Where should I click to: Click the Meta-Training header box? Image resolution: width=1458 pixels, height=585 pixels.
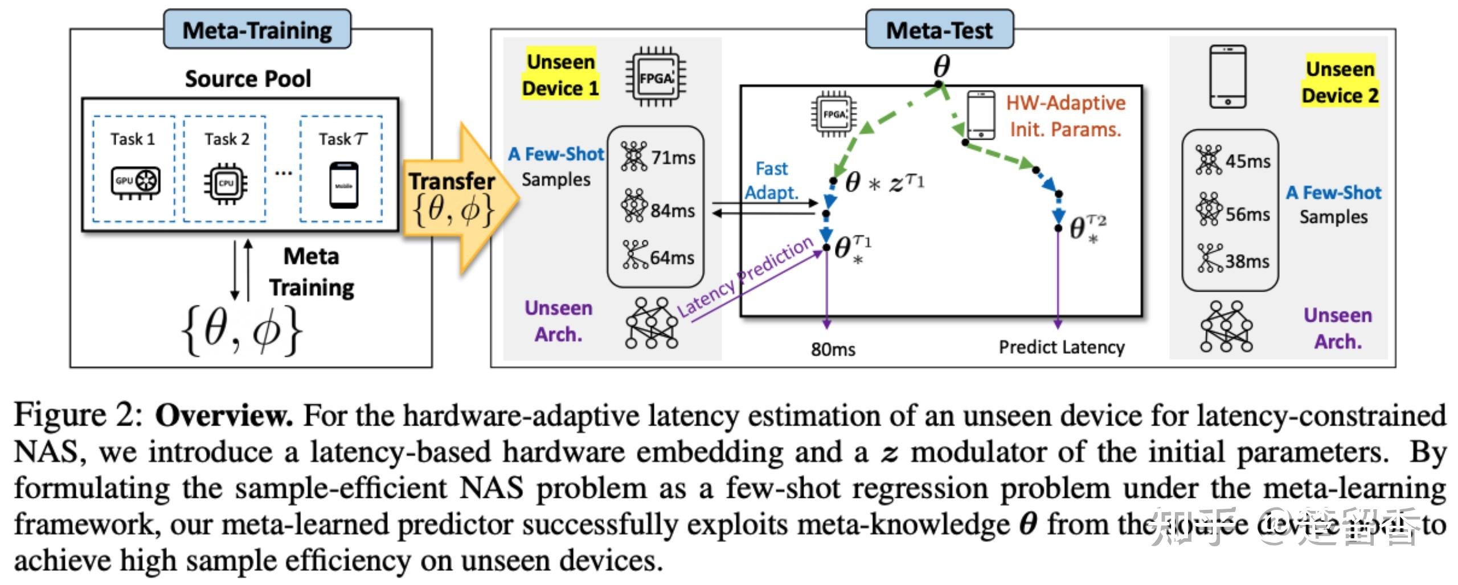[257, 30]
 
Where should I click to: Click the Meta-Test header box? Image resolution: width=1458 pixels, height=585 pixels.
[939, 30]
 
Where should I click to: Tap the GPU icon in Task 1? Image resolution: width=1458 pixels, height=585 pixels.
[135, 182]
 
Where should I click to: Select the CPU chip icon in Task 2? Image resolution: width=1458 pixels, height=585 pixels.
[226, 183]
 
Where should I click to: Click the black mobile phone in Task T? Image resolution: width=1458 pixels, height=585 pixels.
[343, 185]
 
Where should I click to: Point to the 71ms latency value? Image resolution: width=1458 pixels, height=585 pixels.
[673, 158]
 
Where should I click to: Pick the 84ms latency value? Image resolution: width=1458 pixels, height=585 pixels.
[673, 211]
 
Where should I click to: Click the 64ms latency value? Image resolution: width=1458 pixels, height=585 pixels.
[672, 258]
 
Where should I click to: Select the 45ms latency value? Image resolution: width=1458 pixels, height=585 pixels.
[1247, 162]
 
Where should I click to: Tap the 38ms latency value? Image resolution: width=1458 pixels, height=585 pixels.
[1247, 262]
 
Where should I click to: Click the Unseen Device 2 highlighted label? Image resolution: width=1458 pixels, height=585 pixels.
[1340, 83]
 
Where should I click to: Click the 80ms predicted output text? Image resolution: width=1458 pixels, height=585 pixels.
[833, 349]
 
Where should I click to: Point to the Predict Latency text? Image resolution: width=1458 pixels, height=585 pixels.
[1061, 347]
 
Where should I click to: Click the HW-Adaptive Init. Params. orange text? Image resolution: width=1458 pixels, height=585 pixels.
[1065, 116]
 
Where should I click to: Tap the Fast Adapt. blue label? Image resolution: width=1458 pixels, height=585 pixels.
[772, 181]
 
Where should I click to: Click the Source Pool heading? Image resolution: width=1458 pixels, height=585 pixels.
[248, 79]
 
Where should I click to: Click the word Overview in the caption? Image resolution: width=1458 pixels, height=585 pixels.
[223, 416]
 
